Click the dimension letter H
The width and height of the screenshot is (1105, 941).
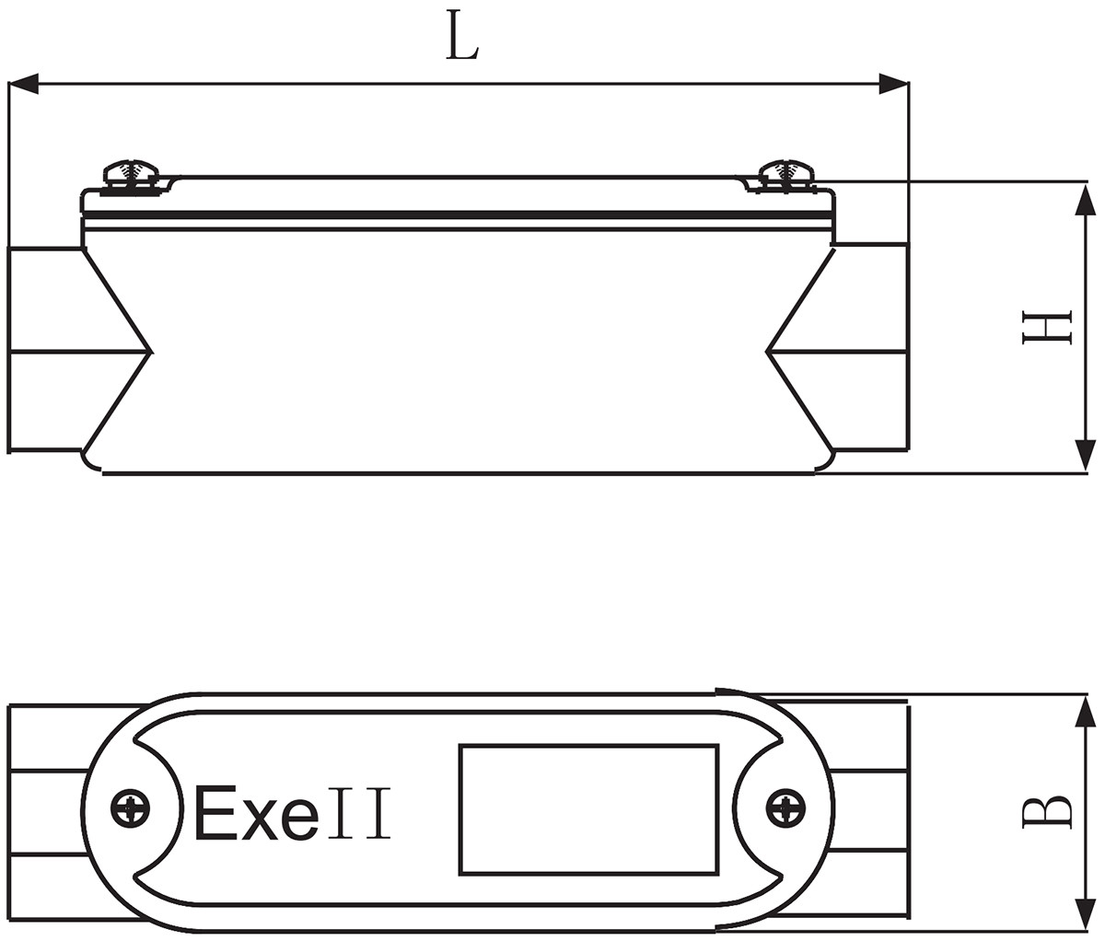click(x=1047, y=327)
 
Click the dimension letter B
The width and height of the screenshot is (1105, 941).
click(x=1047, y=811)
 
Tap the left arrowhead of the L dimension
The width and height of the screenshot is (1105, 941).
click(x=24, y=86)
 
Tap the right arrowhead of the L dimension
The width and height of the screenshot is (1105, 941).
click(x=893, y=86)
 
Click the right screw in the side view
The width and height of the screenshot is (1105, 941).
click(x=785, y=174)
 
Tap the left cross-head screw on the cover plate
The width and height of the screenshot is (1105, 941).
click(x=130, y=810)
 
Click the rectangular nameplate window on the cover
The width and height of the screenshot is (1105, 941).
click(x=588, y=810)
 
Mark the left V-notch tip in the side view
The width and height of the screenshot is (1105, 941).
click(x=151, y=351)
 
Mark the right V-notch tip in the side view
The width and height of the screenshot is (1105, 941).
click(x=767, y=351)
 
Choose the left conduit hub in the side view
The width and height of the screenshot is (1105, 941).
click(x=46, y=350)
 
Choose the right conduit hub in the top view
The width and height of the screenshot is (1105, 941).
click(x=870, y=810)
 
